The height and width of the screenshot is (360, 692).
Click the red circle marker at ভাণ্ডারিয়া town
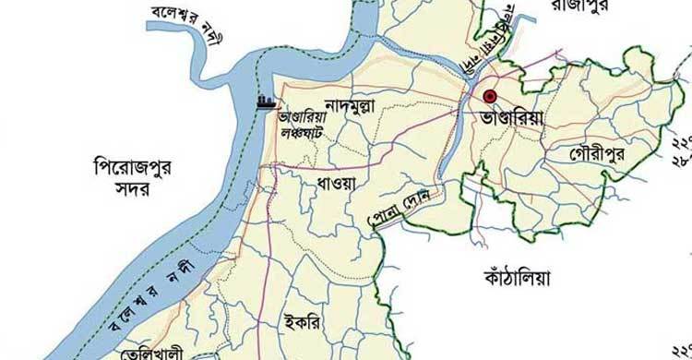point(490,96)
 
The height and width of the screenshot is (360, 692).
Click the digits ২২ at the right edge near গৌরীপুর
point(682,142)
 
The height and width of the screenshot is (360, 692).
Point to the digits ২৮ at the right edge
point(682,158)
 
